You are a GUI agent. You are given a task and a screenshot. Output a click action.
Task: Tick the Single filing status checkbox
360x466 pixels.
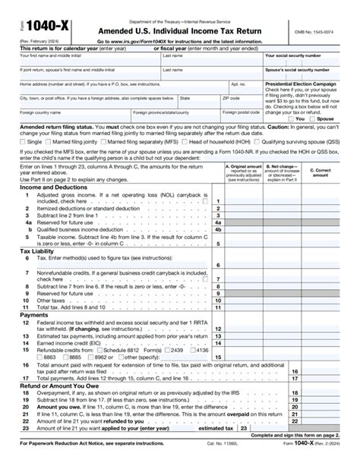point(22,141)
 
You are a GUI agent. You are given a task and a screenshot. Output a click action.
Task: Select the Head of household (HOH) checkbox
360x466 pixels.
point(185,141)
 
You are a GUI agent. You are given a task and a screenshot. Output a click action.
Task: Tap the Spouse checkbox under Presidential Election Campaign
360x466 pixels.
point(311,119)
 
